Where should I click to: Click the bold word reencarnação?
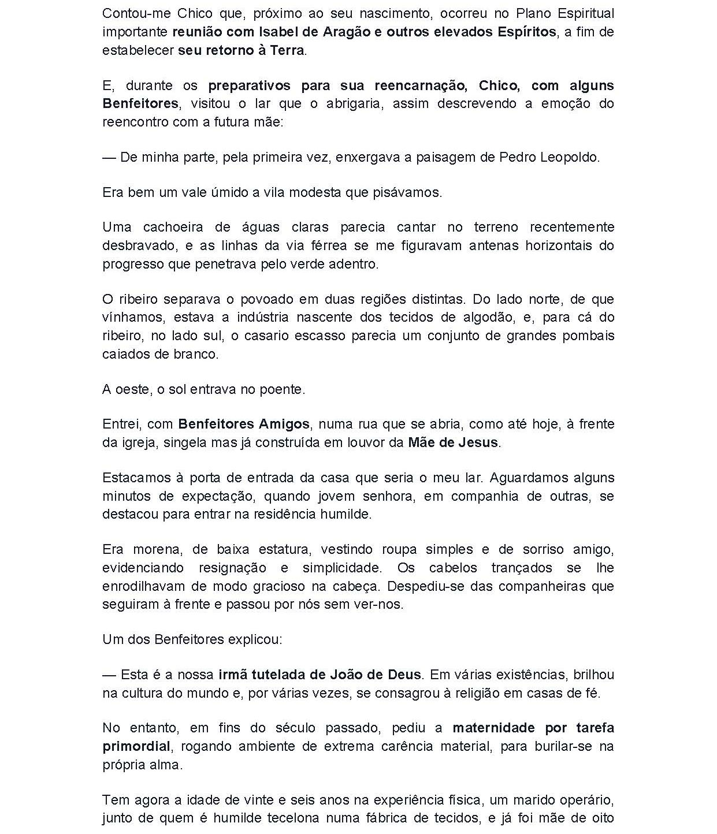421,85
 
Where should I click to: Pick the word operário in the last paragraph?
588,800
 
